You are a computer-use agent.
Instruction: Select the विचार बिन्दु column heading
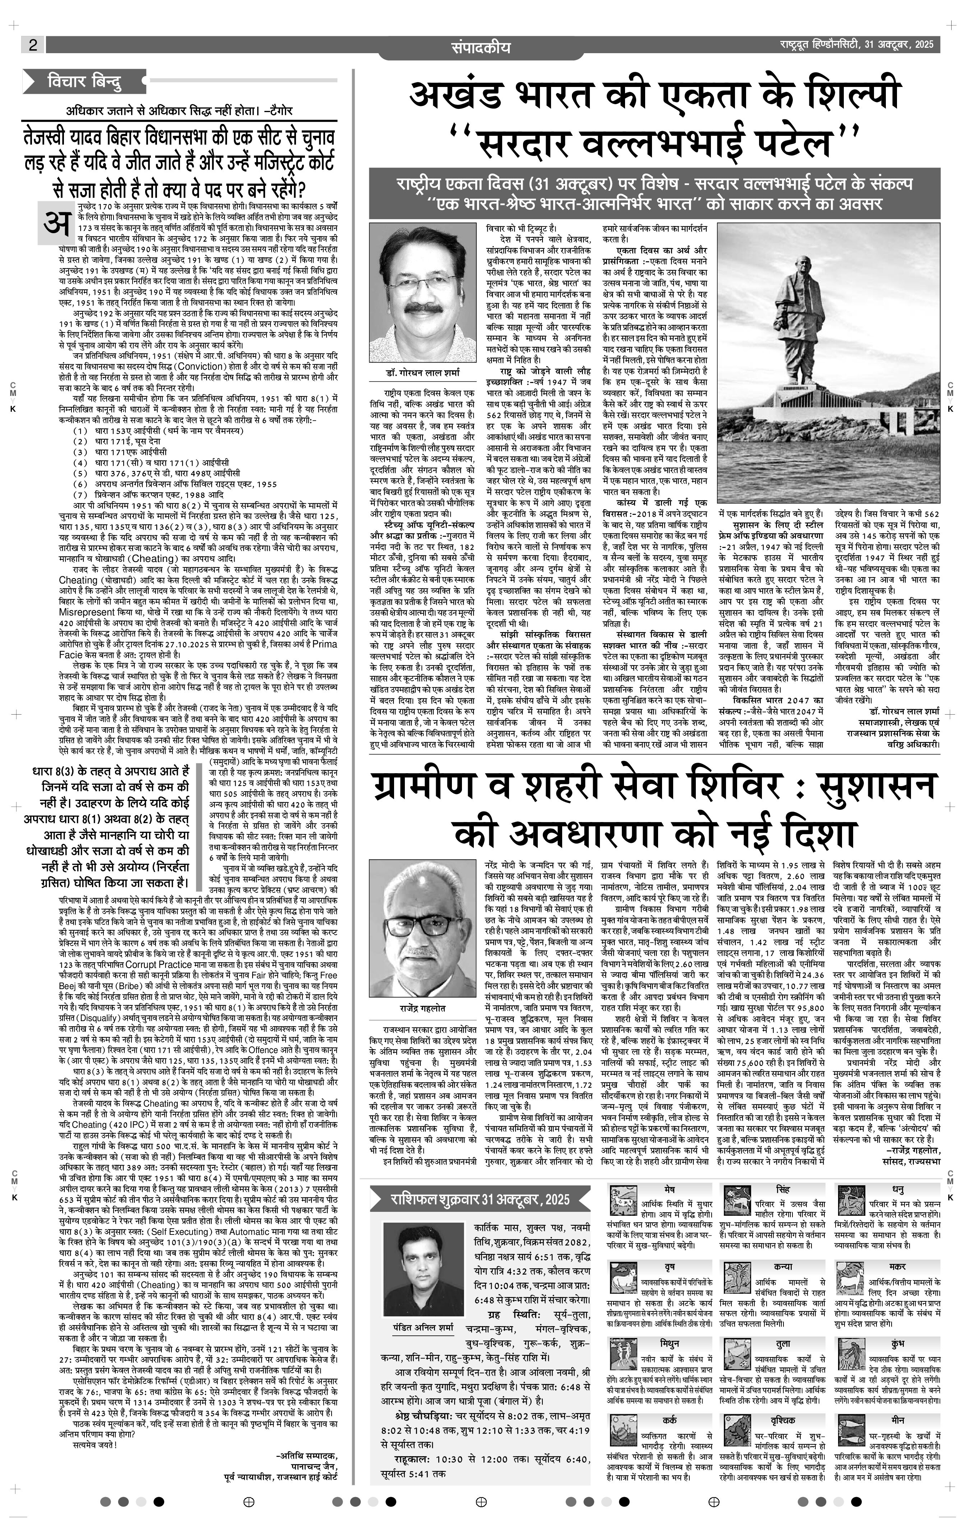tap(84, 82)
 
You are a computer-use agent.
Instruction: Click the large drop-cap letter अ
tap(56, 223)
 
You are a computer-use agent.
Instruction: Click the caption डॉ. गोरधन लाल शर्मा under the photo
tap(422, 373)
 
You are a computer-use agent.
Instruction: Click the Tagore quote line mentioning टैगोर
tap(180, 110)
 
